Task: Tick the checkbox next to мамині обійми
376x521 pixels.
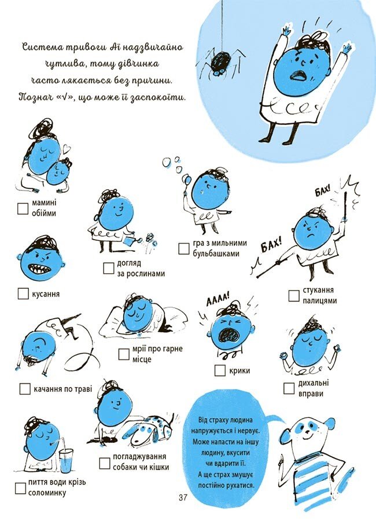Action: [23, 208]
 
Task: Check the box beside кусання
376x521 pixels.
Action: [23, 293]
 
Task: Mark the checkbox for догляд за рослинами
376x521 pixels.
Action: [109, 267]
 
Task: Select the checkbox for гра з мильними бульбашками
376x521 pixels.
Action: [184, 248]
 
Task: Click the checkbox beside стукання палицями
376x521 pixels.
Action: [294, 295]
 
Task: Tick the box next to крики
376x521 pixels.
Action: [220, 370]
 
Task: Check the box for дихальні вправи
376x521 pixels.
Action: [290, 388]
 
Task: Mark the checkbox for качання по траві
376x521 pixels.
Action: [25, 388]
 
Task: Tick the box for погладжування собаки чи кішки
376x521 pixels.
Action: [104, 462]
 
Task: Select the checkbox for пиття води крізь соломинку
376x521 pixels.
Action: [21, 487]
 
